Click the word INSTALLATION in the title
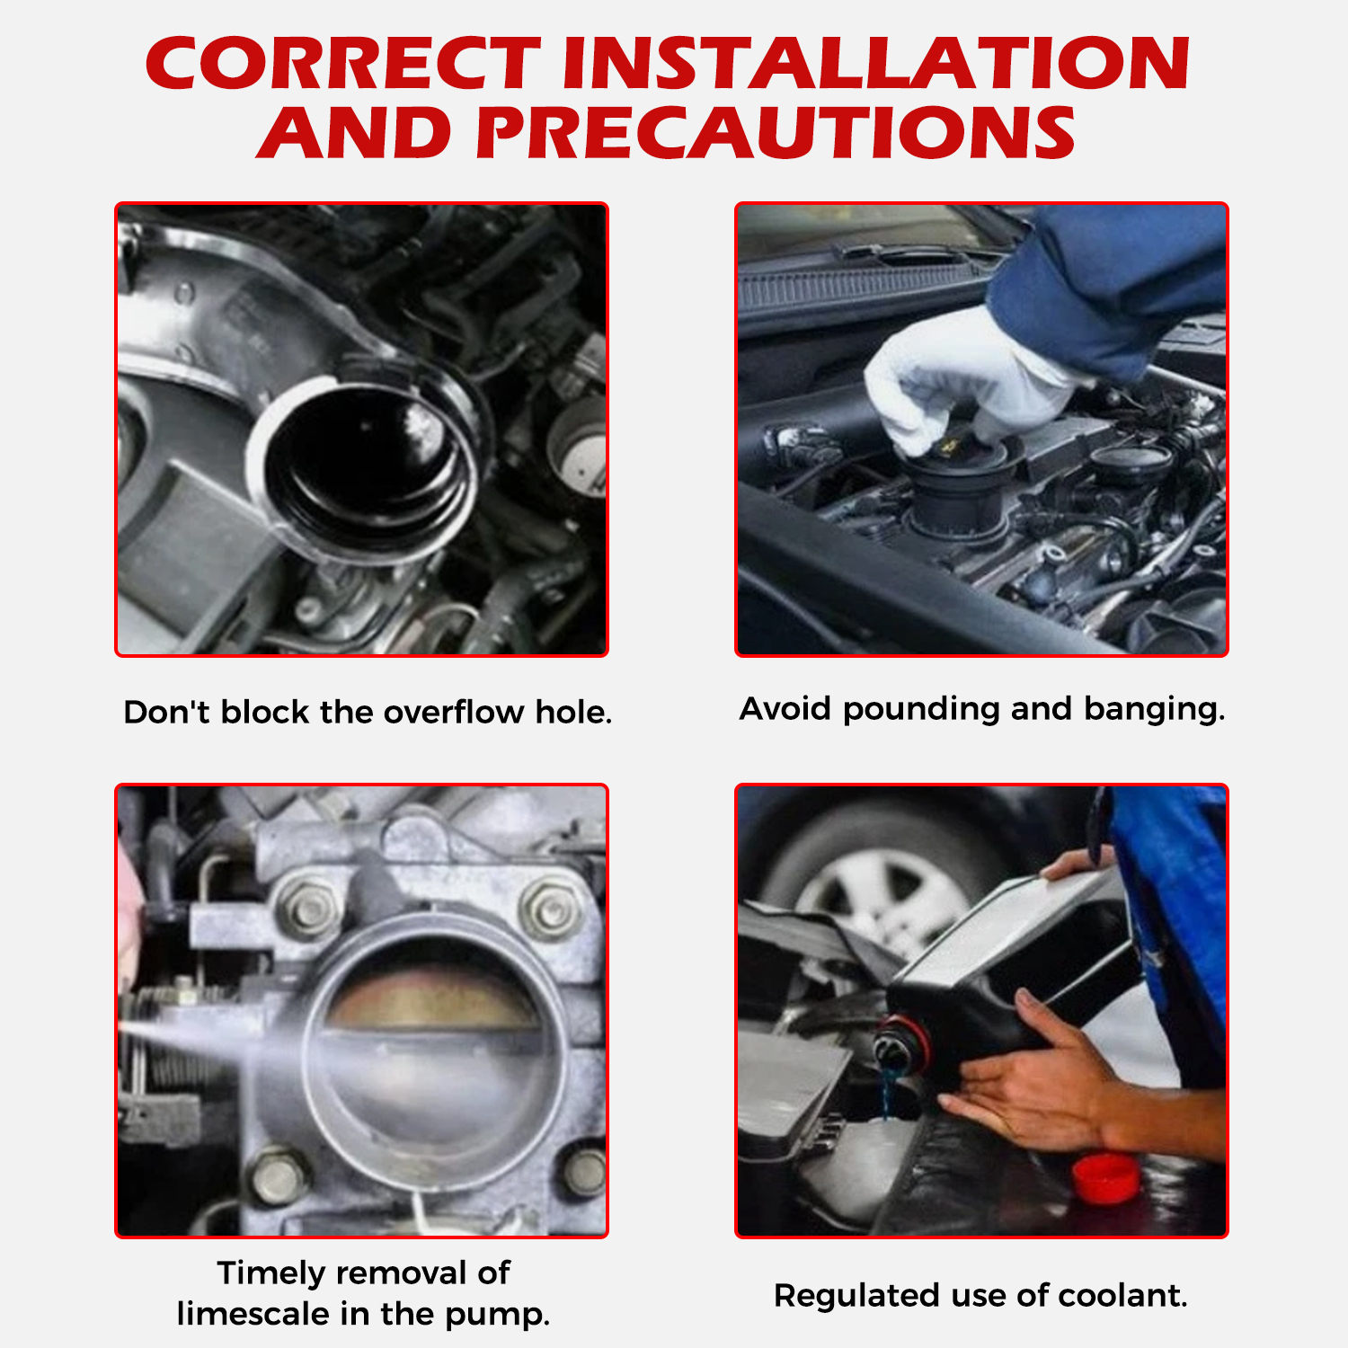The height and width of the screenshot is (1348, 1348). [876, 64]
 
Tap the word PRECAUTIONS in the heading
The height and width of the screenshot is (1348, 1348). [776, 133]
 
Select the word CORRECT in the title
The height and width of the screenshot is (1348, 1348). [343, 64]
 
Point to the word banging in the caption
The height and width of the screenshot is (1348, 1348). [1154, 710]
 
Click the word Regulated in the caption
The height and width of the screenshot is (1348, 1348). [856, 1297]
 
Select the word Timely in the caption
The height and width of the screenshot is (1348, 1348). [271, 1274]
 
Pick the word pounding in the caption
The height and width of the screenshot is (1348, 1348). [921, 710]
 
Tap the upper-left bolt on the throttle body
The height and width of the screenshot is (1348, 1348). [308, 909]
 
